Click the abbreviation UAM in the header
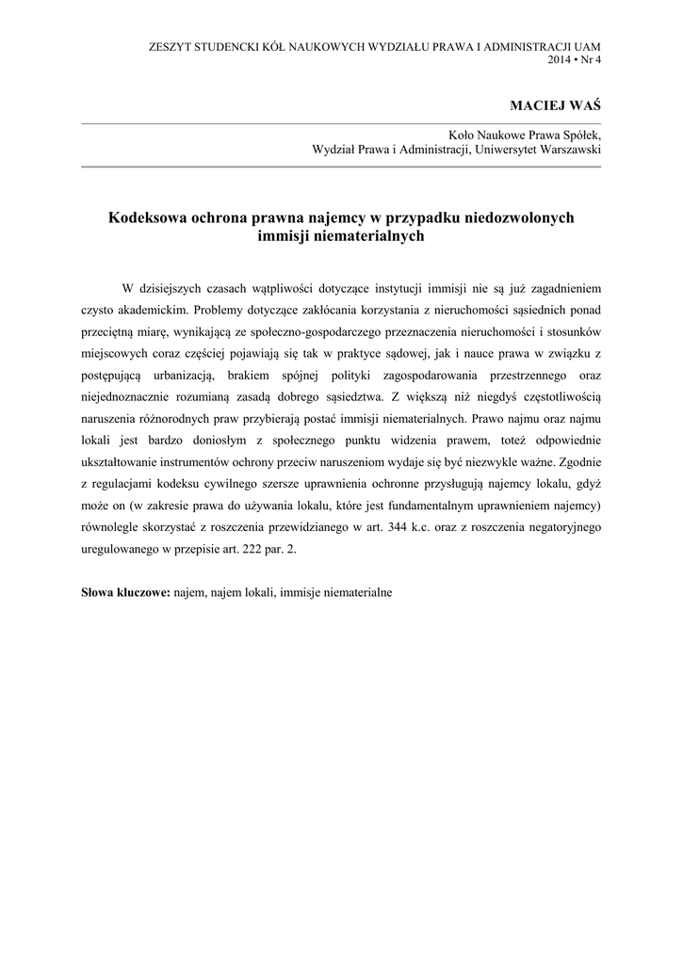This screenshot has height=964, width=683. coord(585,45)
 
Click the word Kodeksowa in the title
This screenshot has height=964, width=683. coord(146,217)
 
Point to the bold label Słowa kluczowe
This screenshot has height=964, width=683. coord(124,594)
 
